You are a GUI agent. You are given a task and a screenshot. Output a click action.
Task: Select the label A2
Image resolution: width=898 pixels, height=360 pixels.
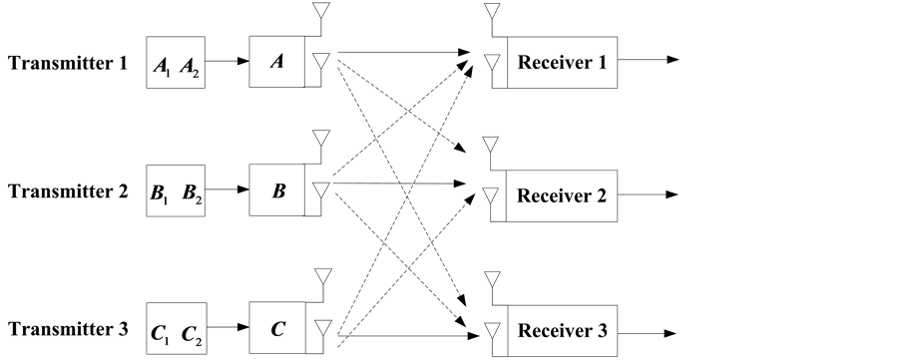coord(190,68)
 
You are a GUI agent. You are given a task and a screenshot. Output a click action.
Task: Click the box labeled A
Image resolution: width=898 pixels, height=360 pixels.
coord(276,62)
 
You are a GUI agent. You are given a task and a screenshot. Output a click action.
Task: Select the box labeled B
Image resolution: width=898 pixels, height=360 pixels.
coord(276,189)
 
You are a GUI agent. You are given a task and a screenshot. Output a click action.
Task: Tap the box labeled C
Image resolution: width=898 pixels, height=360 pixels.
coord(276,325)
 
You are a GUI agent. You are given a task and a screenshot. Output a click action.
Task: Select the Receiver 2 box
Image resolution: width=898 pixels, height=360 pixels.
coord(562,195)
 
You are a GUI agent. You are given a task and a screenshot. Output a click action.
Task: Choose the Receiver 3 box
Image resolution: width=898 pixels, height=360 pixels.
coord(562,331)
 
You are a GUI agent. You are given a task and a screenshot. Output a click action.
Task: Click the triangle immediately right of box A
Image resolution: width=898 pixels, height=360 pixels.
coord(320,62)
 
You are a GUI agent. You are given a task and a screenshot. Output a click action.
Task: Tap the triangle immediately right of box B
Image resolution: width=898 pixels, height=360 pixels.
coord(320,189)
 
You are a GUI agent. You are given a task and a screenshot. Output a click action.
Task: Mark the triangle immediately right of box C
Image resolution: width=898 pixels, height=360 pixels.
coord(320,326)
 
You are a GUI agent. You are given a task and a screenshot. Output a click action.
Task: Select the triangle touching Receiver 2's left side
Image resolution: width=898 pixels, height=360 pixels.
coord(490,195)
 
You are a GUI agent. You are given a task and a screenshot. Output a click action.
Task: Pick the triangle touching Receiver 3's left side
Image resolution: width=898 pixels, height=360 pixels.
coord(490,331)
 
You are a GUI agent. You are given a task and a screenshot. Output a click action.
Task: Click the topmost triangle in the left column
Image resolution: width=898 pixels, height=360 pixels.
coord(320,11)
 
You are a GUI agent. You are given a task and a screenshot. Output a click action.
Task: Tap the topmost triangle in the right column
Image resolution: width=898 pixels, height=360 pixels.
coord(490,11)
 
